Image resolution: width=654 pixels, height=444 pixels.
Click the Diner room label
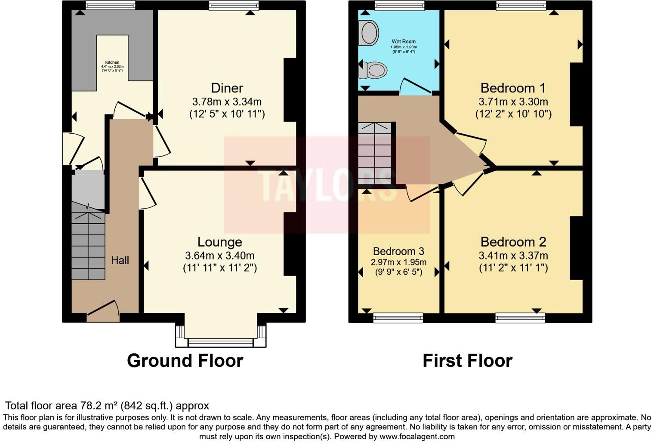pos(227,88)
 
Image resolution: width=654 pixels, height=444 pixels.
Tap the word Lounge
pos(219,242)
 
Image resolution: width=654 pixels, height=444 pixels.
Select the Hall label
pos(120,260)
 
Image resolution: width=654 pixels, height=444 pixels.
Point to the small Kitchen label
pos(112,62)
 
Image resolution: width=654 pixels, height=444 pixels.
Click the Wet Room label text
pos(404,42)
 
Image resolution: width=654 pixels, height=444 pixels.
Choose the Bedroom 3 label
pos(398,251)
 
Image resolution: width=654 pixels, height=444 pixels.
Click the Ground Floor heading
pos(185,361)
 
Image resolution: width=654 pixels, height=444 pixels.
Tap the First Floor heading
pos(467,361)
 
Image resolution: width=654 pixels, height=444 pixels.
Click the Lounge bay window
pos(220,342)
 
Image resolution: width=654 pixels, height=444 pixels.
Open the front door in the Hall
pos(103,311)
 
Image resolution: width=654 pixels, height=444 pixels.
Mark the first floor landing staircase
pos(375,153)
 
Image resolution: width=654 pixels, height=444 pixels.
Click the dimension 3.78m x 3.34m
pos(227,102)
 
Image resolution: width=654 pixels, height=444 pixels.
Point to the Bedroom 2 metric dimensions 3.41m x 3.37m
pos(513,256)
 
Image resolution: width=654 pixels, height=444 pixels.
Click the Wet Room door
pos(415,86)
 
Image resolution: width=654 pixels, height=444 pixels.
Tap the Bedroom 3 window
pos(398,318)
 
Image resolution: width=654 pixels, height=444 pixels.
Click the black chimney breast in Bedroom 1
pos(576,94)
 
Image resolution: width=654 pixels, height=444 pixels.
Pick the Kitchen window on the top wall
pos(110,5)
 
